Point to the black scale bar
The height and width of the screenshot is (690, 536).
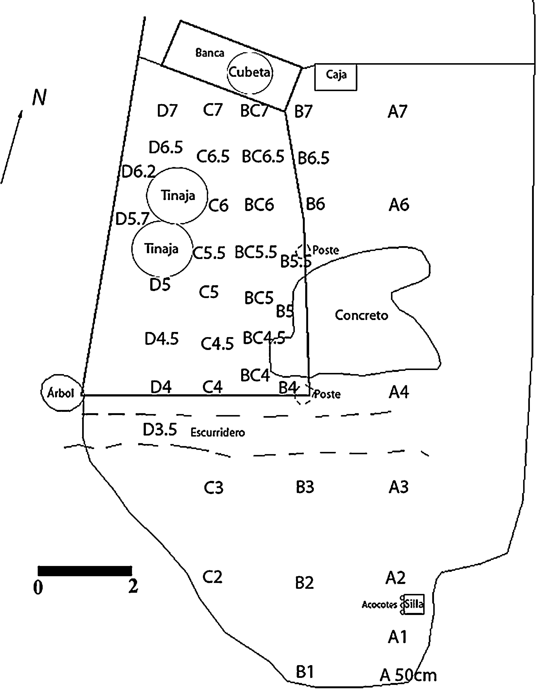tap(85, 571)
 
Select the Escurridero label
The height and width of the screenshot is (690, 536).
tap(218, 432)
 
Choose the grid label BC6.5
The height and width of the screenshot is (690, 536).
tap(263, 156)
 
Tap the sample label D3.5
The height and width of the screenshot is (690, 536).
tap(160, 430)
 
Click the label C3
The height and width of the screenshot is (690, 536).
tap(214, 487)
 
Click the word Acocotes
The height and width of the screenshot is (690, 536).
tap(379, 605)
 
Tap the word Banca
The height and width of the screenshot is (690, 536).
tap(210, 53)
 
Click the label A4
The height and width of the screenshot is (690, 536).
tap(399, 392)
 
